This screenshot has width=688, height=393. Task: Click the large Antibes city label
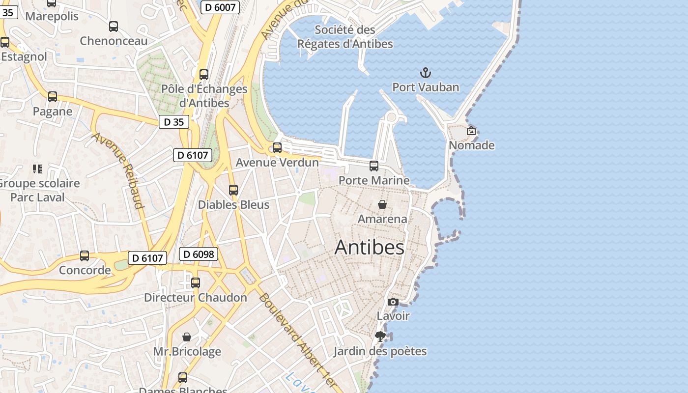tap(370, 247)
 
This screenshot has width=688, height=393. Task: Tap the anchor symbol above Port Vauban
tap(425, 73)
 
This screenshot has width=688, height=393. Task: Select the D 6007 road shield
tap(220, 7)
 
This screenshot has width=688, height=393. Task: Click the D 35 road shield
tap(173, 122)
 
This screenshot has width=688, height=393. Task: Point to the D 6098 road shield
tap(198, 254)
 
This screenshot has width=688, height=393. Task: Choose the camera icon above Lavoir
tap(393, 302)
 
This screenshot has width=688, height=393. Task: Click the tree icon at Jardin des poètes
tap(380, 337)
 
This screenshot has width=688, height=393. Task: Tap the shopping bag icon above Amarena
tap(382, 204)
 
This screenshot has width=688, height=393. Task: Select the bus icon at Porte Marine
tap(374, 166)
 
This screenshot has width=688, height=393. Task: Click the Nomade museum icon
tap(471, 131)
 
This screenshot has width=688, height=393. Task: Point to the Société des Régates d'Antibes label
tap(345, 37)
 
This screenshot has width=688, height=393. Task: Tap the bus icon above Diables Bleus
tap(233, 190)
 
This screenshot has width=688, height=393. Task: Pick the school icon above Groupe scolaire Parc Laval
tap(37, 169)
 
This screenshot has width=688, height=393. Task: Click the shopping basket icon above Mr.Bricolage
tap(187, 337)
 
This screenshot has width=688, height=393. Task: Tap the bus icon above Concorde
tap(85, 256)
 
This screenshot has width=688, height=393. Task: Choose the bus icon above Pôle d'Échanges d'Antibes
tap(204, 75)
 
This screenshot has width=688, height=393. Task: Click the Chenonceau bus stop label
tap(114, 41)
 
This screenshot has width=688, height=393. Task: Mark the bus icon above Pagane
tap(53, 97)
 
